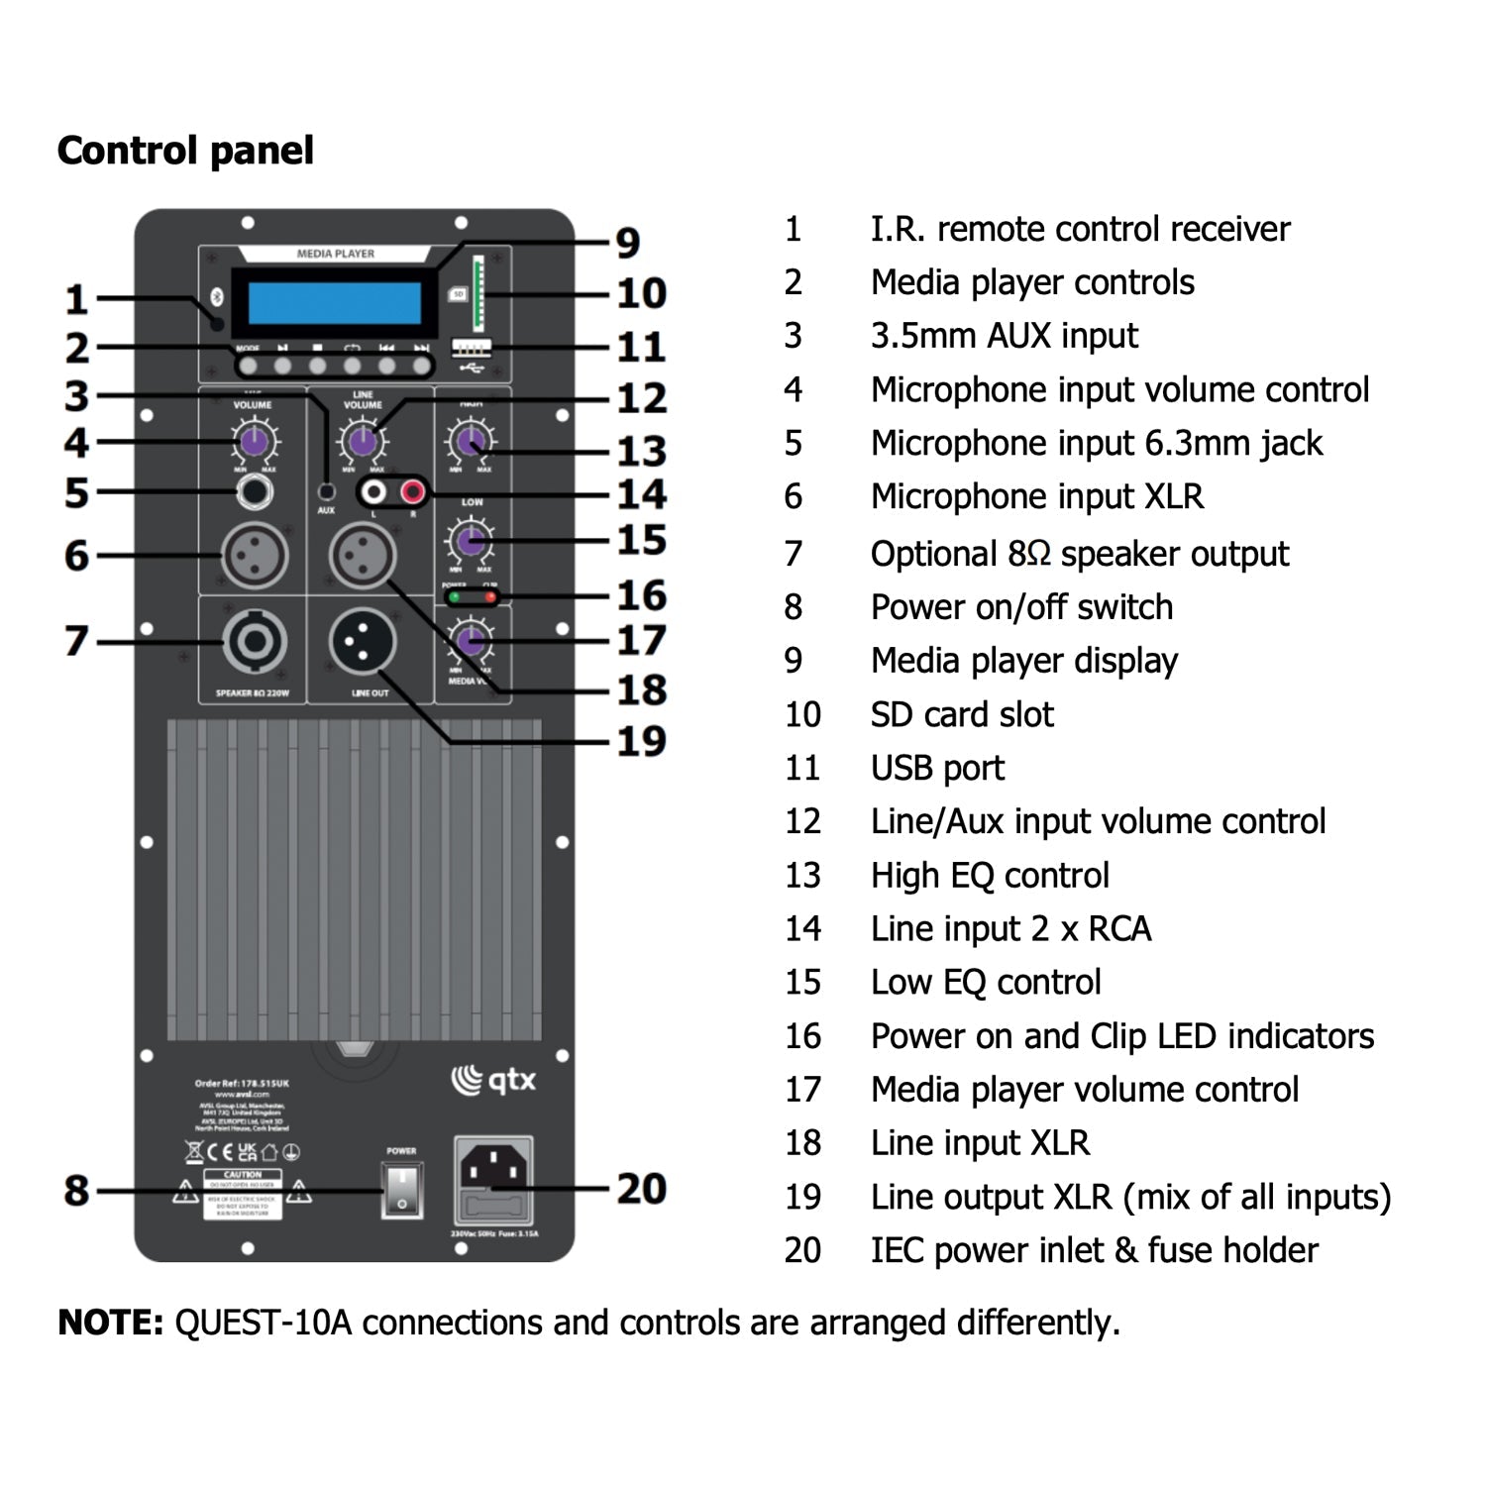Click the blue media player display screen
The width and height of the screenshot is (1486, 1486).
pos(335,303)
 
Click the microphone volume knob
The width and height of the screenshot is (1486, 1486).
pos(255,442)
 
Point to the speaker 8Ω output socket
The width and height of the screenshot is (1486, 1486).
pos(255,642)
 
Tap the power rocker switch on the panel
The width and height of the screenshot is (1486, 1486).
pos(402,1191)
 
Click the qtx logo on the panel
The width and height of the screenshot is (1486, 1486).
pos(494,1080)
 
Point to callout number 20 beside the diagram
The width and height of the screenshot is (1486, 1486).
pos(641,1189)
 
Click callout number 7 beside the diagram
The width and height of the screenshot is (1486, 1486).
pos(77,641)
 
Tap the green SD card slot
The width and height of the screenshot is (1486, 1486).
pos(478,293)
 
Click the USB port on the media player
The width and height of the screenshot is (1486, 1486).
pos(472,348)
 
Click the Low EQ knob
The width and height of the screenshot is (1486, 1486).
pos(471,540)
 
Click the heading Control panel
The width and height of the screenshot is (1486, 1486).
pos(185,151)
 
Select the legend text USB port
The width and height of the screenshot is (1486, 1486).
pos(937,768)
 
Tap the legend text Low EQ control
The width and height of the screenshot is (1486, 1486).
pos(986,982)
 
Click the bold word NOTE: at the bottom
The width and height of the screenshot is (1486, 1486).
pos(111,1323)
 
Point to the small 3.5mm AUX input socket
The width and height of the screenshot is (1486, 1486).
pos(326,491)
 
